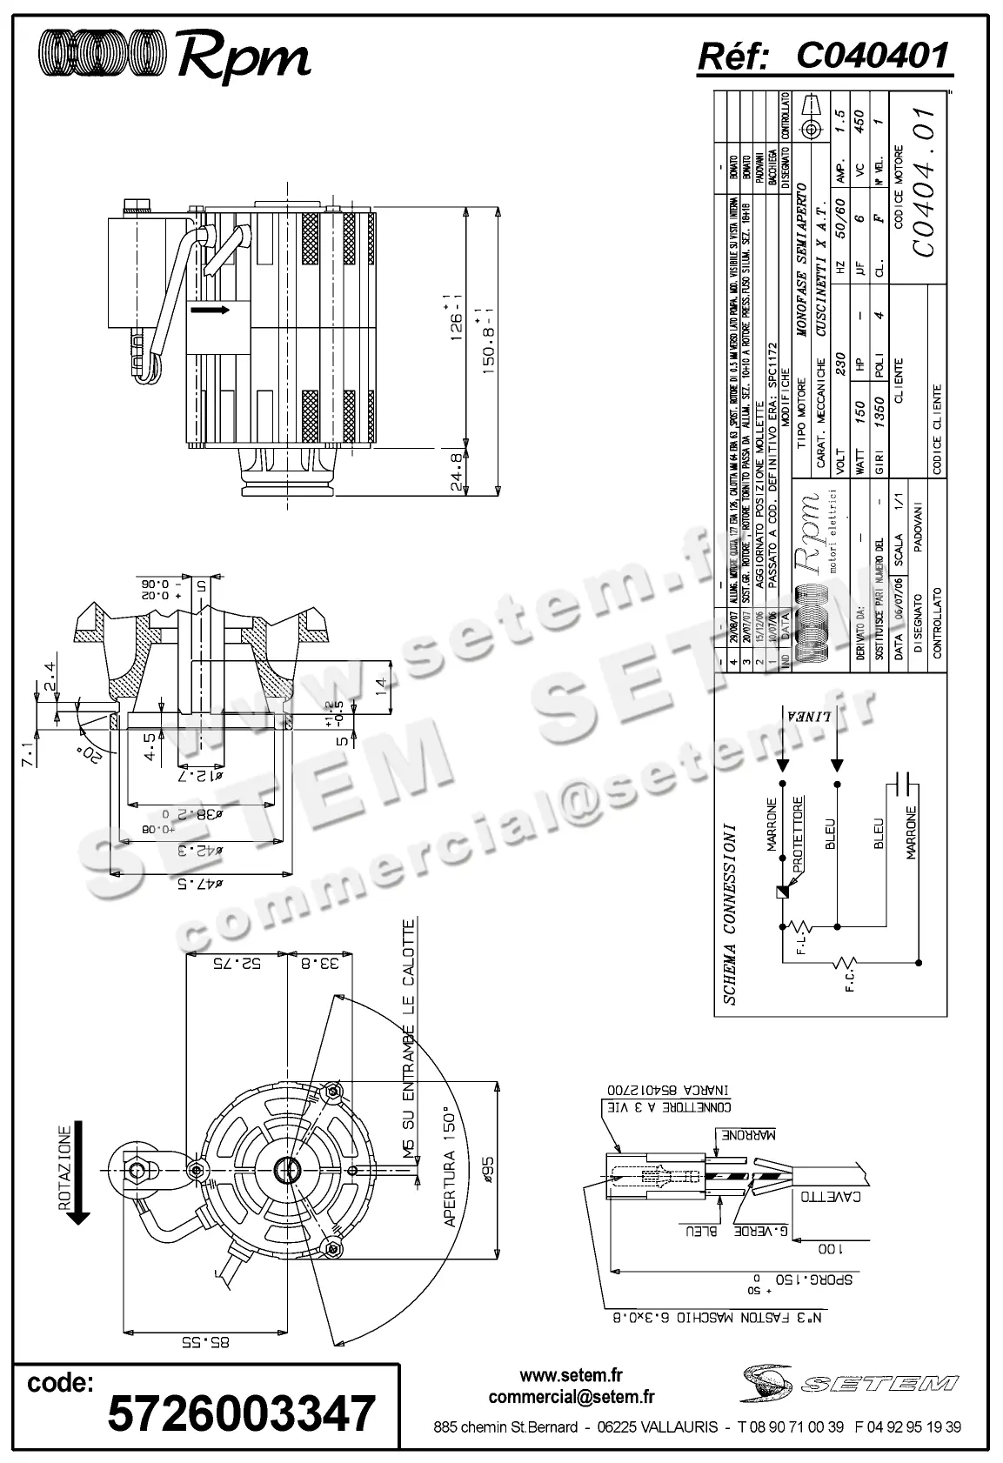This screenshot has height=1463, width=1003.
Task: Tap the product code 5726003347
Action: click(241, 1413)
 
